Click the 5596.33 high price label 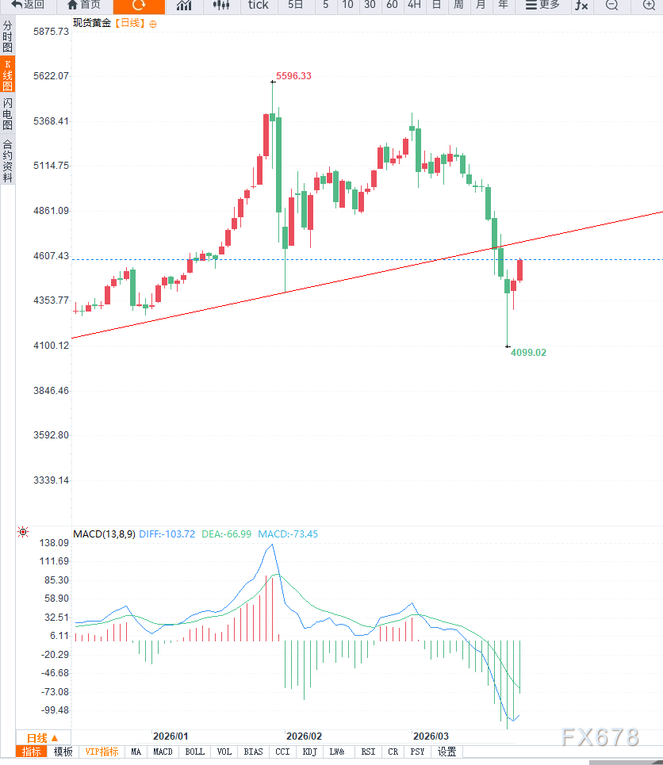[x=293, y=76]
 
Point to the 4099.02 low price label [x=528, y=352]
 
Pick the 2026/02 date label [x=304, y=736]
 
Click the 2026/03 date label [x=431, y=736]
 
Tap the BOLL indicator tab [x=194, y=752]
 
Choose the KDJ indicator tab [x=309, y=752]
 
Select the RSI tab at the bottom [x=368, y=752]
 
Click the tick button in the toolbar [x=258, y=6]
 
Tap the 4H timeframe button [x=414, y=6]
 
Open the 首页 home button [x=84, y=6]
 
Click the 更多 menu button [x=542, y=6]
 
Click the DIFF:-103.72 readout [x=167, y=534]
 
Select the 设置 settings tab [x=446, y=752]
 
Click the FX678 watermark [x=600, y=737]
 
